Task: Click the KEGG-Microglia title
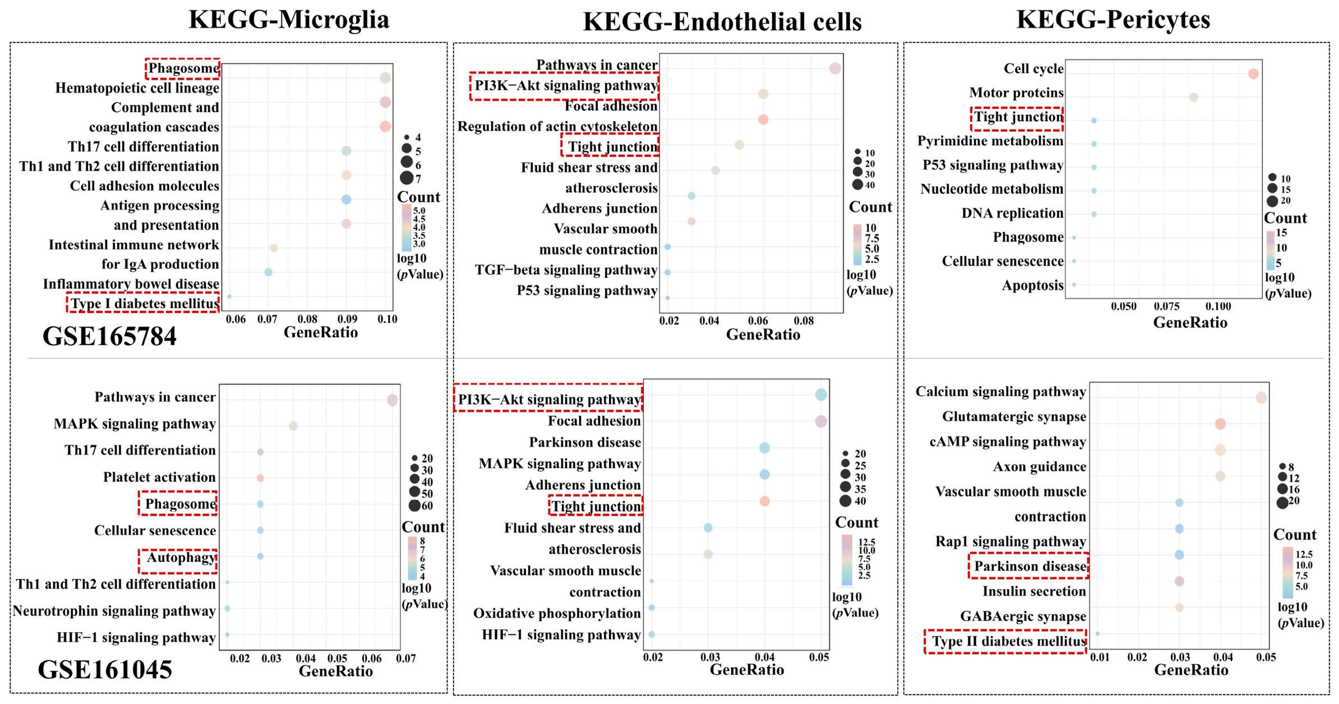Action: point(289,20)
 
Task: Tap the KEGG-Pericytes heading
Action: point(1113,20)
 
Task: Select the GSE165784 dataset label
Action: point(109,337)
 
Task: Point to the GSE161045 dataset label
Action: point(105,669)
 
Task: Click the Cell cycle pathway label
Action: point(1033,68)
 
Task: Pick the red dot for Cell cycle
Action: point(1253,73)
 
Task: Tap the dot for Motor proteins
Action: point(1194,97)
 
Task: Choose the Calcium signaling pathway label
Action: point(1001,392)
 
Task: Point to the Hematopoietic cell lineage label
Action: point(137,88)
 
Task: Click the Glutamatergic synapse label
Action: point(1014,416)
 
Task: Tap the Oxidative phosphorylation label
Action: point(557,613)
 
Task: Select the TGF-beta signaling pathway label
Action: point(566,270)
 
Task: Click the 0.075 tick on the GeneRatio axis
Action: point(1167,306)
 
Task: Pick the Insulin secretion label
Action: point(1035,591)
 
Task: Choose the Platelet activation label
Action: point(159,477)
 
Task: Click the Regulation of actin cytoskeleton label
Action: point(557,126)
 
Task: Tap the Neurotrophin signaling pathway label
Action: point(114,611)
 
